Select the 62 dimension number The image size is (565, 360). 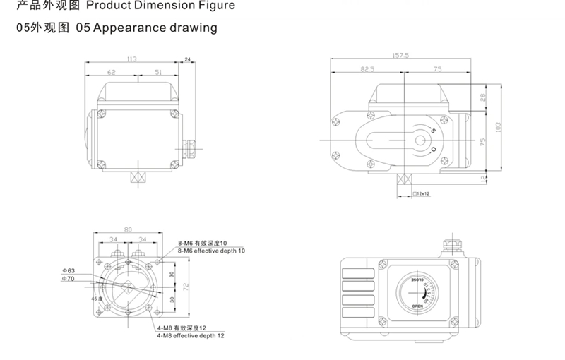(112, 71)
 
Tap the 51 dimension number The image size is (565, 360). (158, 71)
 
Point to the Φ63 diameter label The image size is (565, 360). (68, 270)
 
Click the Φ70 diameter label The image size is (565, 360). (68, 280)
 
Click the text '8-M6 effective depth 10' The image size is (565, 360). (211, 251)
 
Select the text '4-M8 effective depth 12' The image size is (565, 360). (190, 336)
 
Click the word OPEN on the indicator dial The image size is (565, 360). (417, 306)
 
